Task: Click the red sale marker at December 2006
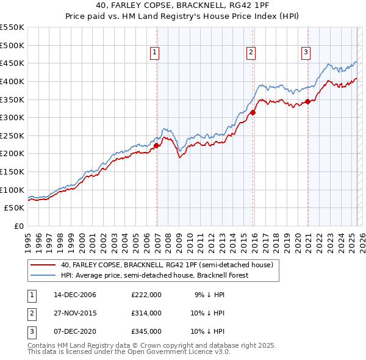157,146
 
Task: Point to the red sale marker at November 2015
253,112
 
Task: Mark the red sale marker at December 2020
308,101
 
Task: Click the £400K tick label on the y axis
12,81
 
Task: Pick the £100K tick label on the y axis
12,190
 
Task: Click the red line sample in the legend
43,265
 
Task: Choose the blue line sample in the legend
43,275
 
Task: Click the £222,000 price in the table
146,295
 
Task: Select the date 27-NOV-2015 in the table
75,313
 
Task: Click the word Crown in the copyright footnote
150,345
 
